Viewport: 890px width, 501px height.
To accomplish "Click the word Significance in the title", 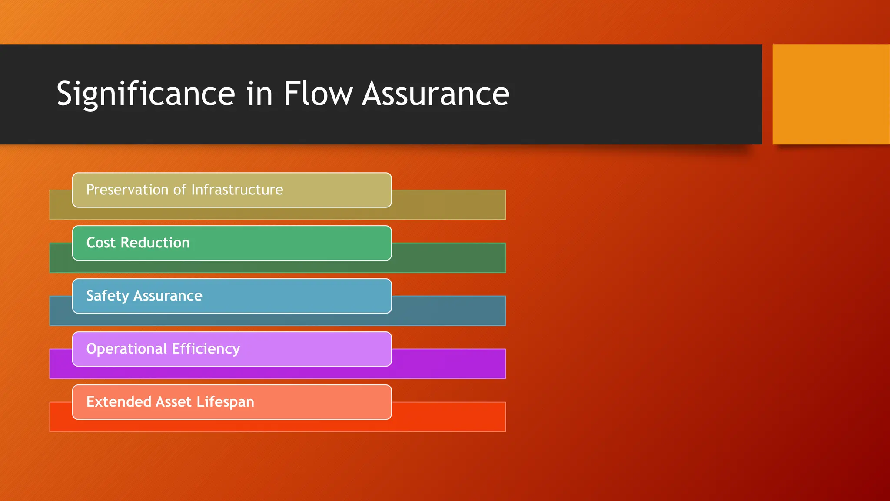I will (x=146, y=94).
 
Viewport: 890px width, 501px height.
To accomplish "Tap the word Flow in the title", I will (x=318, y=94).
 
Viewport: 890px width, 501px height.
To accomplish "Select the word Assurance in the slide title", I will (x=435, y=94).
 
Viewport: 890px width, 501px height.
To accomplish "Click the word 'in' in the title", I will (x=259, y=94).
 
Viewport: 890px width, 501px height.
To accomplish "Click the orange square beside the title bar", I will (x=830, y=94).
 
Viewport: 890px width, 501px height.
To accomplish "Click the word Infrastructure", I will (x=237, y=190).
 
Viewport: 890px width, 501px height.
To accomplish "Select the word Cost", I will (x=101, y=243).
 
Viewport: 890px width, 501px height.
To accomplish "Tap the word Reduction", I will (x=155, y=243).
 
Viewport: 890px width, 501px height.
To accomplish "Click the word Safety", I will (x=108, y=296).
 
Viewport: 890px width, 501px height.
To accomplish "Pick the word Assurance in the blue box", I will (x=168, y=296).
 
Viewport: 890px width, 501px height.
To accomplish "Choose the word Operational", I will (x=126, y=349).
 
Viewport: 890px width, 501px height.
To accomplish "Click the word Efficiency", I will (x=206, y=349).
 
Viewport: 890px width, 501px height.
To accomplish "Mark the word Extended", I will (x=119, y=402).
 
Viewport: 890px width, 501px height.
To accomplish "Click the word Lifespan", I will (x=225, y=402).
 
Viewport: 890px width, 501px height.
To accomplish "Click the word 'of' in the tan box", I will (x=179, y=190).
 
